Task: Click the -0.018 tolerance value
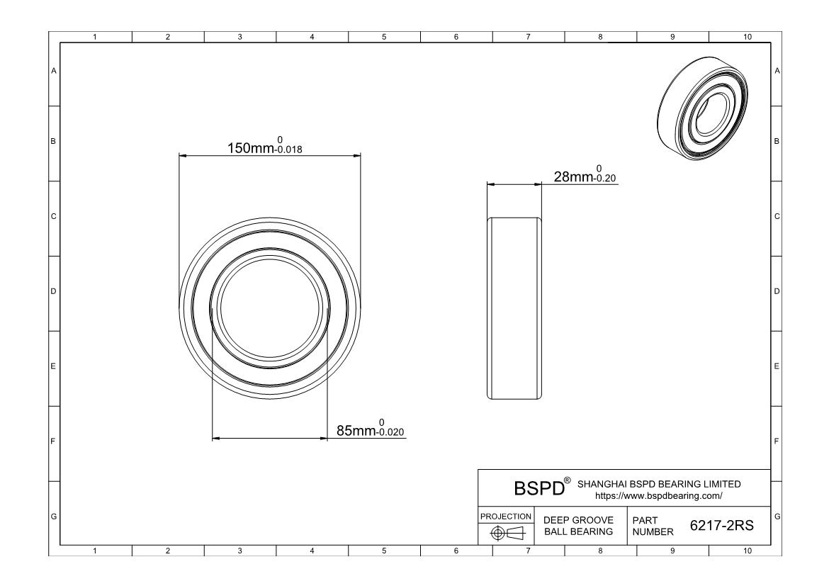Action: tap(288, 150)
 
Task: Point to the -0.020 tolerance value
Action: tap(390, 432)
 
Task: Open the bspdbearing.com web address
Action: tap(659, 496)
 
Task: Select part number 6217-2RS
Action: tap(722, 525)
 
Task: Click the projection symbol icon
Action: tap(507, 533)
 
